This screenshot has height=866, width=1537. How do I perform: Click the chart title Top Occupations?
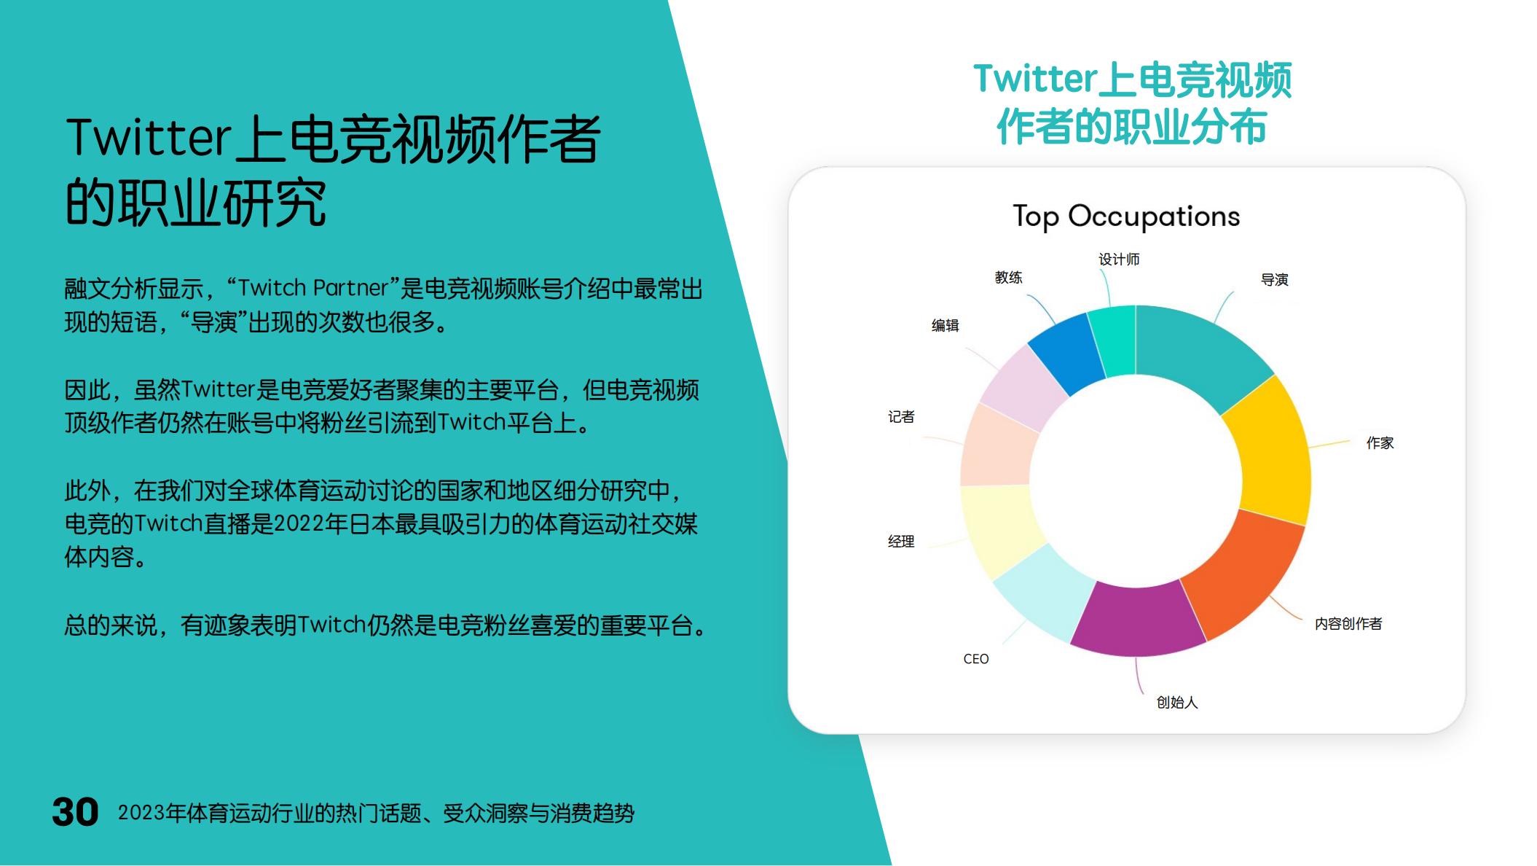(x=1126, y=216)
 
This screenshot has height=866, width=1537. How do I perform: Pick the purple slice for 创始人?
(x=1136, y=620)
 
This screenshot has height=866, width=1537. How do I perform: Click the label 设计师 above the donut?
(x=1119, y=260)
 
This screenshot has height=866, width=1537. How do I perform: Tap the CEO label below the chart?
(x=976, y=659)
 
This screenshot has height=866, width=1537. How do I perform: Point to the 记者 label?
(x=901, y=417)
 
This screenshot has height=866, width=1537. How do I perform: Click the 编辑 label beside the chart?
(x=945, y=326)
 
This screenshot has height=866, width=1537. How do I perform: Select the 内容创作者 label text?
(x=1348, y=624)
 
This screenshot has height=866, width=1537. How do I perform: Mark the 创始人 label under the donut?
(x=1177, y=703)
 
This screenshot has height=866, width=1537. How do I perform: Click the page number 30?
(x=75, y=812)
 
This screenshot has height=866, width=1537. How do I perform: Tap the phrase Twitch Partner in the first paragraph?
(x=313, y=289)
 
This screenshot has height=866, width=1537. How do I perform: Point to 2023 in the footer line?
(x=141, y=813)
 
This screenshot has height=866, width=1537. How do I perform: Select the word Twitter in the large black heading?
(x=149, y=139)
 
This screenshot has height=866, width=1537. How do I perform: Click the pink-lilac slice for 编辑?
(x=1021, y=386)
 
